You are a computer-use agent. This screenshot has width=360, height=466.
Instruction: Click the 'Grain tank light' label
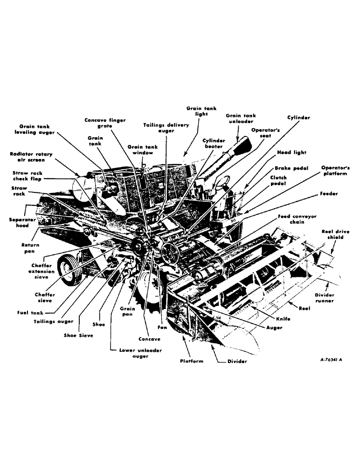201,111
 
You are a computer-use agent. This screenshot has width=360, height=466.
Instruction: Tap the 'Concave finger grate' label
105,123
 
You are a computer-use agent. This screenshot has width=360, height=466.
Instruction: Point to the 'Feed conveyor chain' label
298,219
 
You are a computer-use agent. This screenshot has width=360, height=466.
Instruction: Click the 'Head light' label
291,152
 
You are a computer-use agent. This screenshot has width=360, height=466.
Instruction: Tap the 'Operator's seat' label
265,133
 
